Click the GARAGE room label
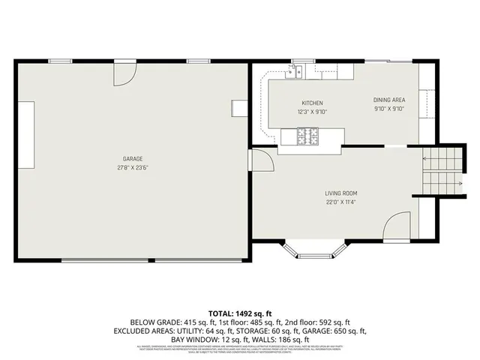click(133, 159)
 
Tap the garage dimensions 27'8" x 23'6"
click(133, 168)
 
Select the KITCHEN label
click(313, 103)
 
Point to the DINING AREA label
click(389, 100)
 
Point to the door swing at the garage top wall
click(124, 73)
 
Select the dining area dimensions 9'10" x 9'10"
click(389, 109)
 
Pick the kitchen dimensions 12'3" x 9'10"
click(313, 112)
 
